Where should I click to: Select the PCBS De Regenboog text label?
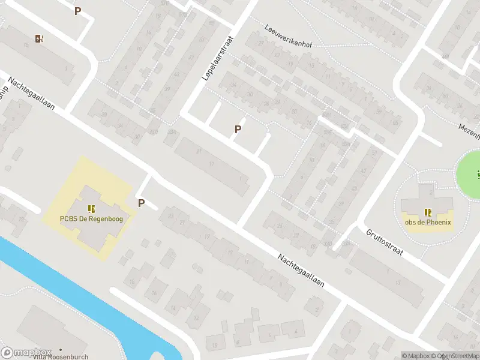[91, 219]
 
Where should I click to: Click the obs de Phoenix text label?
[428, 222]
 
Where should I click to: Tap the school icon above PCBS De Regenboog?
[91, 209]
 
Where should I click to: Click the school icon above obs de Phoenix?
[428, 212]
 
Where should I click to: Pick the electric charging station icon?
[40, 39]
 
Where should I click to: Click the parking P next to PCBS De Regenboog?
[142, 203]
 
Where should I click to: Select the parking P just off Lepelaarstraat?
[238, 129]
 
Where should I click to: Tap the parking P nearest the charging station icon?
[77, 11]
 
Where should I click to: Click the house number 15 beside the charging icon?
[26, 46]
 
